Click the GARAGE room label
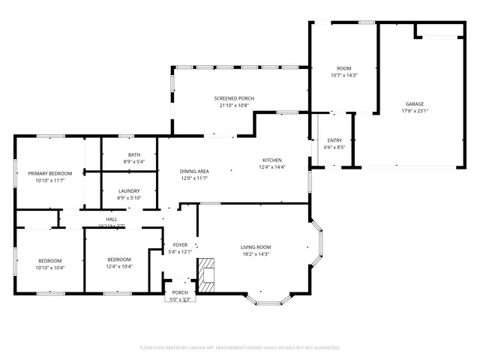415,103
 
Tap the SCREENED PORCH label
234,98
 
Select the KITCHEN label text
271,160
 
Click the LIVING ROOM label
256,247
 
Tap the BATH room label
133,154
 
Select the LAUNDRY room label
129,190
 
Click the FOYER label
180,244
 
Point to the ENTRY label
334,140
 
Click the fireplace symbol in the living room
206,274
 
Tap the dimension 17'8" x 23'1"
415,111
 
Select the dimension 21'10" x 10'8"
234,105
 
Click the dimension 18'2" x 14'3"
256,253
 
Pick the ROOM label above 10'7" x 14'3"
344,68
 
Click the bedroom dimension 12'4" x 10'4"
118,267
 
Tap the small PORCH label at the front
180,292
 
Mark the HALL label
111,219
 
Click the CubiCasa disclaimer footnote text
240,348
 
